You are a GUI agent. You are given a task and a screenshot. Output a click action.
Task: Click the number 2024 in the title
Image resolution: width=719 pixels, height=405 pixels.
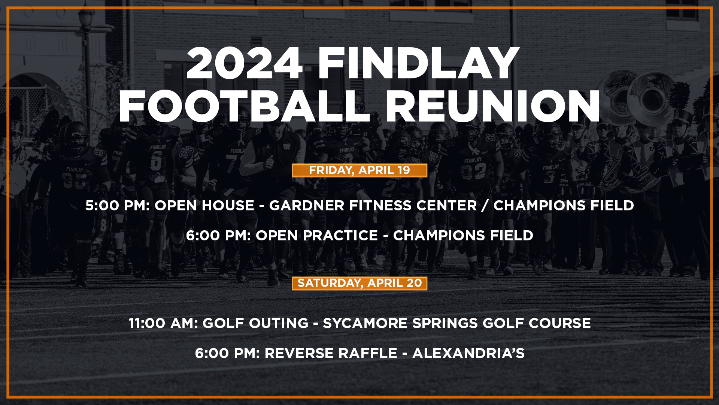pos(245,63)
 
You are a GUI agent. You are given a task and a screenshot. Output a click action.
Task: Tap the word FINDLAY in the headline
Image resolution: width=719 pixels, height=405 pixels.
pos(418,63)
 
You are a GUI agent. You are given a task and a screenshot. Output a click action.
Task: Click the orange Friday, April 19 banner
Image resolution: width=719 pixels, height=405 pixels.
pos(359,170)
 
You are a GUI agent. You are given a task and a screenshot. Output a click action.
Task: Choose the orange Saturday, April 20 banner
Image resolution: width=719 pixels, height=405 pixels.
pos(359,283)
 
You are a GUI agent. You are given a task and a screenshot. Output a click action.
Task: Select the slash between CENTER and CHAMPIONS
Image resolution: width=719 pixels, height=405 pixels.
pos(485,205)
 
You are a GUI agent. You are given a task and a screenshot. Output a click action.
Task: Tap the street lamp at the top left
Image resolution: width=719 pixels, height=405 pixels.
pos(86,19)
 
